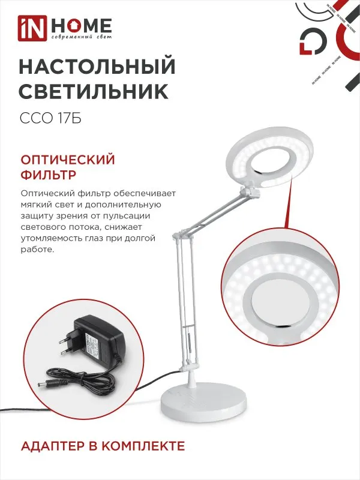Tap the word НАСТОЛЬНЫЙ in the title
coord(97,65)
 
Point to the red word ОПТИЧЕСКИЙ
coord(68,160)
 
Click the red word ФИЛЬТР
coord(47,176)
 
